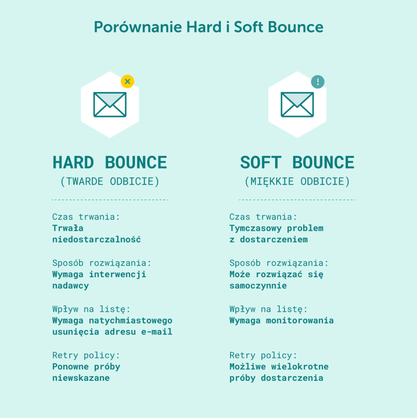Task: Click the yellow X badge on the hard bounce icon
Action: [x=127, y=82]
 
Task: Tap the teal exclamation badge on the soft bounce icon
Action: [x=317, y=82]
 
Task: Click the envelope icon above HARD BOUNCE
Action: [x=110, y=104]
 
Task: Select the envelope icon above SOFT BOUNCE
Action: [x=297, y=104]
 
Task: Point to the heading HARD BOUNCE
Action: [x=110, y=162]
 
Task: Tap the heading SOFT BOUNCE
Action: [x=297, y=162]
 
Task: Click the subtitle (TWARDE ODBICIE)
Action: [x=110, y=182]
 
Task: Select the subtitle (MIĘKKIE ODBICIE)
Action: [x=297, y=182]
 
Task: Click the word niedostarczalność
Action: [x=96, y=240]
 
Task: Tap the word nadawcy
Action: [x=70, y=286]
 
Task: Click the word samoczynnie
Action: [x=258, y=286]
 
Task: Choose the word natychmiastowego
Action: [x=131, y=320]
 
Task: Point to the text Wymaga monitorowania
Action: [x=281, y=320]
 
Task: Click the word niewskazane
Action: [x=81, y=378]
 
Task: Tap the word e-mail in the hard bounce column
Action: [x=157, y=332]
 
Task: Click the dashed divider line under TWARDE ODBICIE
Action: [x=110, y=200]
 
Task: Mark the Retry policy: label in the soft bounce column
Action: [x=263, y=355]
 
